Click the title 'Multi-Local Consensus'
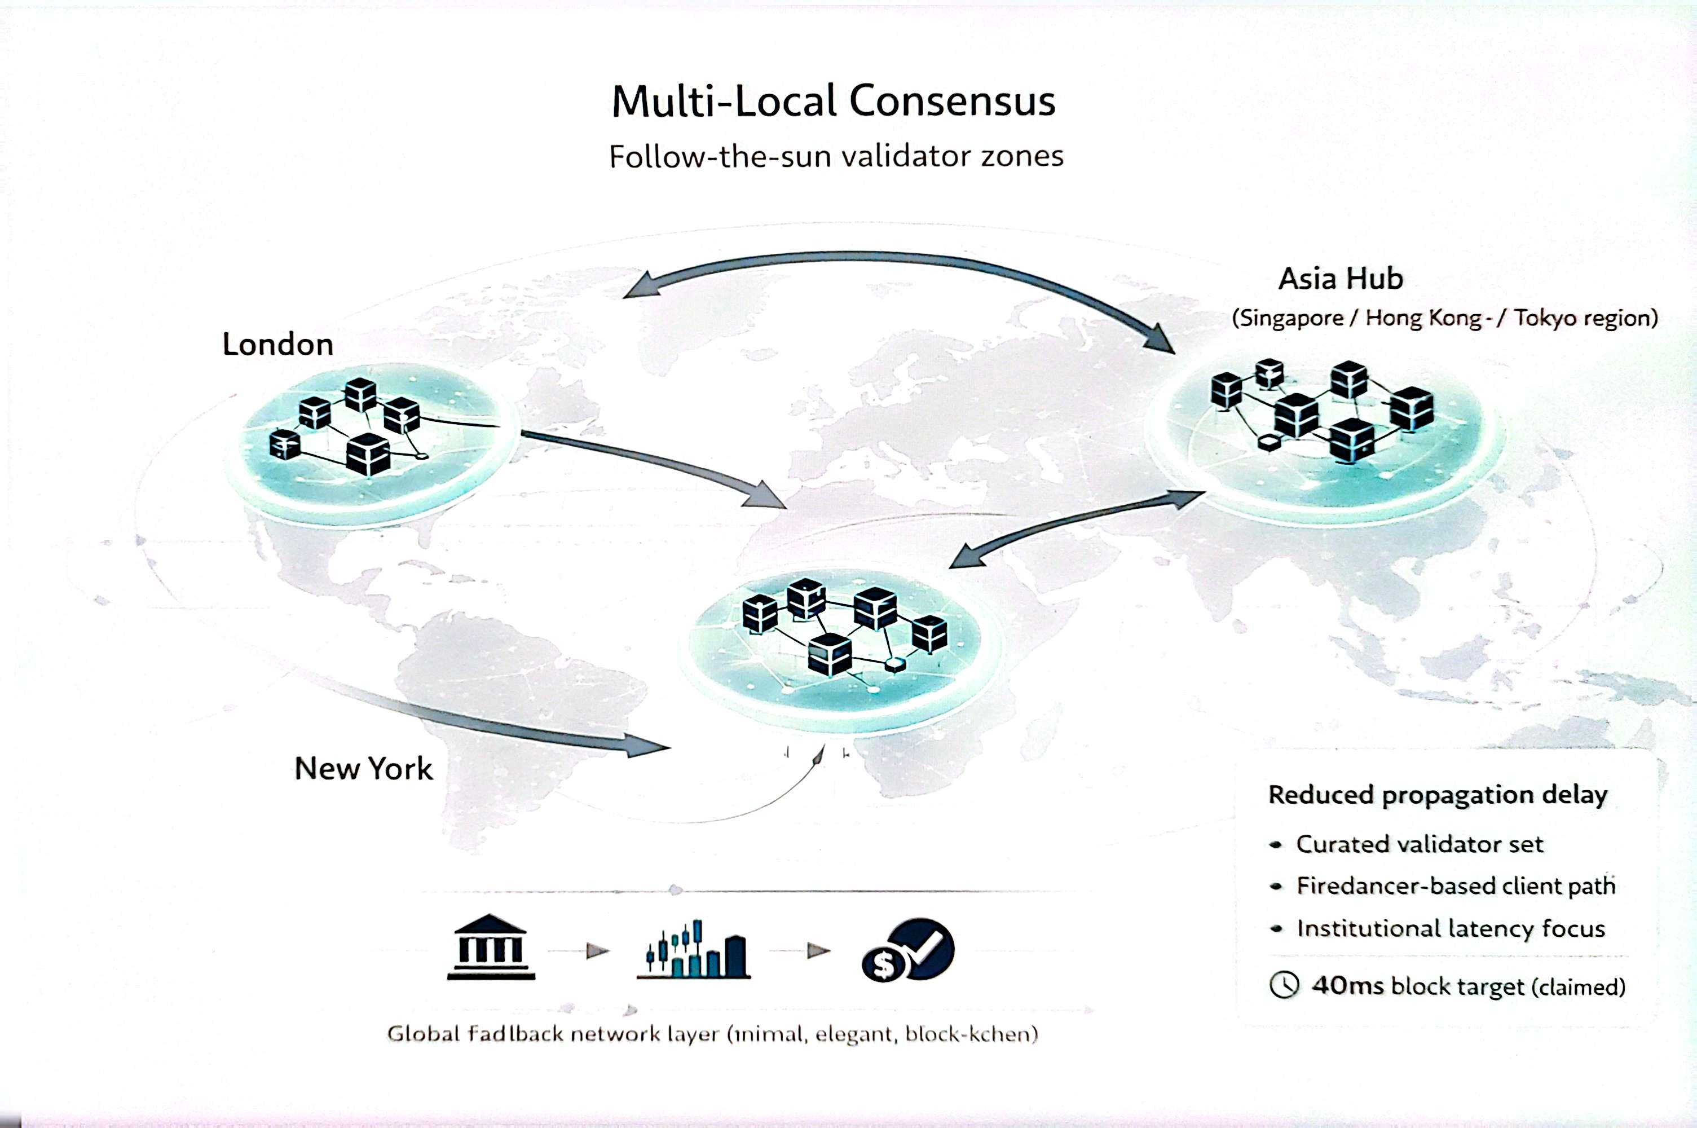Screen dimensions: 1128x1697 (x=833, y=101)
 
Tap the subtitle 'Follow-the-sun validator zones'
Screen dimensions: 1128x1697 (x=836, y=156)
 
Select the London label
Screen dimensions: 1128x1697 (x=277, y=345)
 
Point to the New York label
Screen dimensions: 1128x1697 (x=363, y=768)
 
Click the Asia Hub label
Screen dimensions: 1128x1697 (x=1340, y=279)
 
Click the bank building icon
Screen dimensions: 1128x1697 (x=491, y=948)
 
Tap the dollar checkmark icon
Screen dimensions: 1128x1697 (x=908, y=950)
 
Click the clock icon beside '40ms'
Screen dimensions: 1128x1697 (x=1284, y=985)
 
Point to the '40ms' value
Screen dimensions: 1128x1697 (x=1347, y=985)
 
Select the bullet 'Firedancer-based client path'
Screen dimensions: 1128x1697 (x=1455, y=885)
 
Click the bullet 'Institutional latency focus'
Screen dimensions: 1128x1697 (x=1450, y=929)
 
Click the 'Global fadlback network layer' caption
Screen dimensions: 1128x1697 (x=712, y=1034)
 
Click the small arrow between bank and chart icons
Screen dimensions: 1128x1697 (x=597, y=951)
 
